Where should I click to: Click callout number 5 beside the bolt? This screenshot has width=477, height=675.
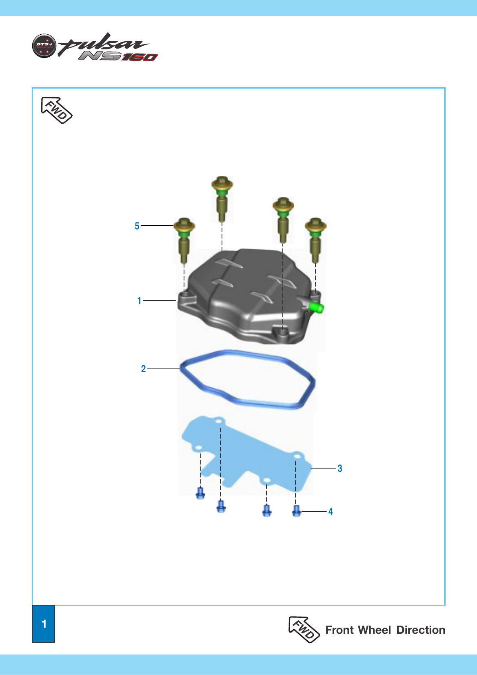click(x=137, y=226)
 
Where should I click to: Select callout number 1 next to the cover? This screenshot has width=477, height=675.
click(x=139, y=301)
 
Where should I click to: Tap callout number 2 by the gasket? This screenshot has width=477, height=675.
click(x=144, y=369)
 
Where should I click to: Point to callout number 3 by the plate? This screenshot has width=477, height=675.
click(x=340, y=468)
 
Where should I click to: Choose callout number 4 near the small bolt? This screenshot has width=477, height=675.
click(x=331, y=512)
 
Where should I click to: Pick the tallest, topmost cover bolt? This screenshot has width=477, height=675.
click(x=222, y=199)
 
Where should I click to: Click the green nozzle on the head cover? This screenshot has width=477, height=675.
click(x=316, y=308)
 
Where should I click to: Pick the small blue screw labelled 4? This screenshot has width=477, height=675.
click(x=297, y=511)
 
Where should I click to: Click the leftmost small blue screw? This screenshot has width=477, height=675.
click(x=200, y=493)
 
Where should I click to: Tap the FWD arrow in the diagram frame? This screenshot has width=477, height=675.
click(x=56, y=110)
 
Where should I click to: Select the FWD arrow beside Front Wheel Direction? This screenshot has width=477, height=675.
click(x=304, y=630)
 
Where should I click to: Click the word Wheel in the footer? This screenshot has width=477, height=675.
click(x=375, y=630)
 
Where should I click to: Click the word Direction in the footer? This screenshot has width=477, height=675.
click(x=421, y=630)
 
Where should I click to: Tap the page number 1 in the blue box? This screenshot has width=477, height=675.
click(x=44, y=624)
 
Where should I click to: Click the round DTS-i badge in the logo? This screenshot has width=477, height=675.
click(x=44, y=46)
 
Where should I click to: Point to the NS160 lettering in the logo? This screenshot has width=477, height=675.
click(x=118, y=56)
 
